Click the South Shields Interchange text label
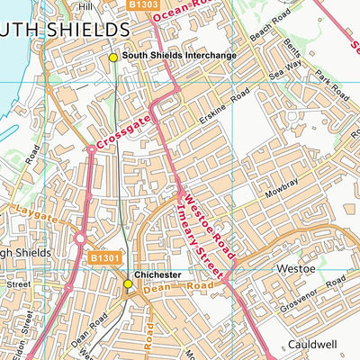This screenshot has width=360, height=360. coord(179,57)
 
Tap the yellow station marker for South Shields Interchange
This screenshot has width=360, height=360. coord(112,57)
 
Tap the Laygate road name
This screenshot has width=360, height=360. coord(36,217)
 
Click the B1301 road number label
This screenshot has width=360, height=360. coord(104,258)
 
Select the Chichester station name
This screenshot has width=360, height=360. coord(157,274)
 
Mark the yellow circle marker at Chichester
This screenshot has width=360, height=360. coord(128,284)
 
